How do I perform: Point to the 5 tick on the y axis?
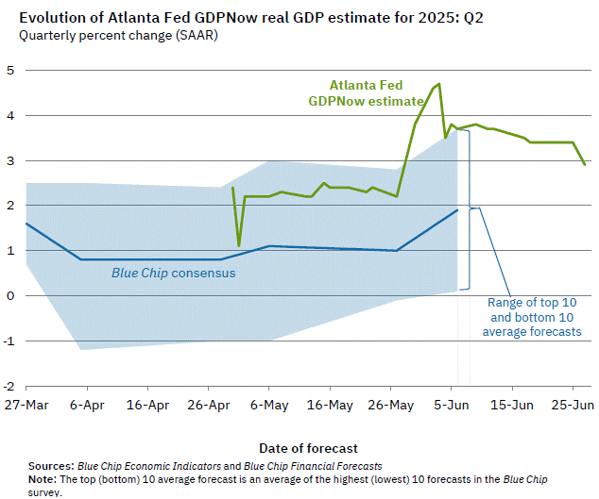point(9,70)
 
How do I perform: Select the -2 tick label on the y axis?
point(8,386)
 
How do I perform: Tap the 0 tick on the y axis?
point(9,295)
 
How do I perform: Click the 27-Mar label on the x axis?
point(25,404)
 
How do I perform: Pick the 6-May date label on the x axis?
point(269,404)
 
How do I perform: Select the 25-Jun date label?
point(573,404)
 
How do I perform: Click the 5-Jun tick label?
point(452,404)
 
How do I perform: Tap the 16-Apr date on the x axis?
point(146,404)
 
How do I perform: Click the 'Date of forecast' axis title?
point(308,447)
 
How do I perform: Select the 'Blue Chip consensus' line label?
point(174,274)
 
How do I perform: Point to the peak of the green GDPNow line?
point(438,84)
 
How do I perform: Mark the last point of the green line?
point(585,165)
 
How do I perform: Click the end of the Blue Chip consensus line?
point(457,209)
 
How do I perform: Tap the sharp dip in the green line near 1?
point(239,245)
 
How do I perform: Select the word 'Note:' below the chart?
point(43,479)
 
